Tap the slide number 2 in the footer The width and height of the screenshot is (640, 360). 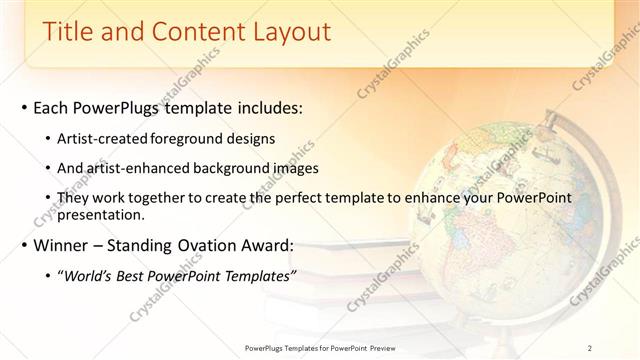coord(590,348)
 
